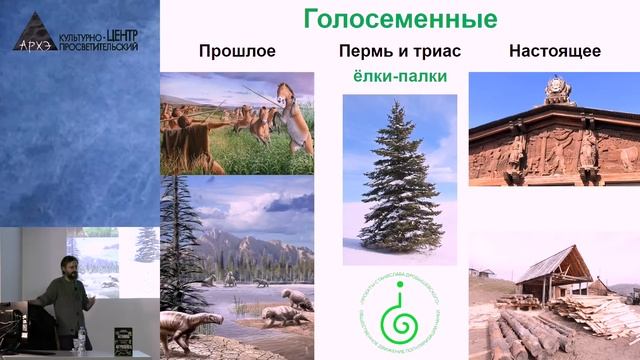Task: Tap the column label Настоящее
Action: tap(554, 51)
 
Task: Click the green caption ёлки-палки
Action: tap(399, 77)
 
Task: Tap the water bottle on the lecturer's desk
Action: tap(78, 342)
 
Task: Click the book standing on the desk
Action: tap(123, 340)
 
